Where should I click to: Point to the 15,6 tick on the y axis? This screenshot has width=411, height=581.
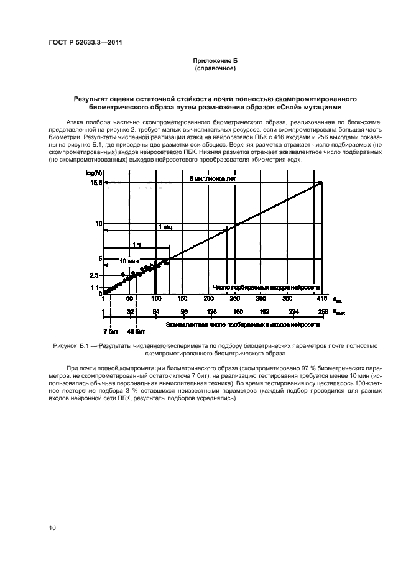[95, 183]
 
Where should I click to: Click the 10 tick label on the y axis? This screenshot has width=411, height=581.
[98, 223]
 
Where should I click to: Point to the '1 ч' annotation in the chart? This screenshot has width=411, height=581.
[136, 244]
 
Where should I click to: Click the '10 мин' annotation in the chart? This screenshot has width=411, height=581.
[128, 260]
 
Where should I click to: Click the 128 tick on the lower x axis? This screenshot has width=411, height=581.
[211, 311]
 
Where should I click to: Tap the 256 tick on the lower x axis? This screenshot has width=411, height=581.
[322, 311]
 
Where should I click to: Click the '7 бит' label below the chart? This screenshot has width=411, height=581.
[110, 331]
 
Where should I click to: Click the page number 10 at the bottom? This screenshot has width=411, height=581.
[52, 528]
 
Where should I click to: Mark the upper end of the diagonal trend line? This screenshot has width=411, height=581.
[322, 182]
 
